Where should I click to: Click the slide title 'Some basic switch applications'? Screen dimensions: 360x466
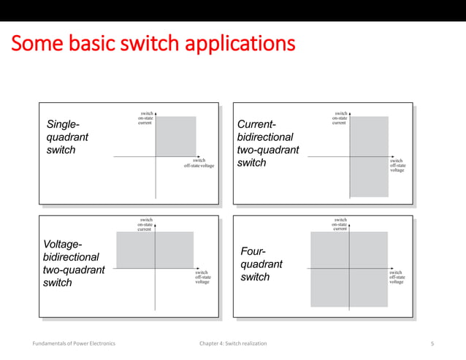pyautogui.click(x=153, y=43)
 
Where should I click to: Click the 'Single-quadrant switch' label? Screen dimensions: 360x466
pyautogui.click(x=68, y=137)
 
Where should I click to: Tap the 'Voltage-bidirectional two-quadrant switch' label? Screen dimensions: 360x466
pyautogui.click(x=74, y=263)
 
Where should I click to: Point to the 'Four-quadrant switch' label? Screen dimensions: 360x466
pyautogui.click(x=261, y=264)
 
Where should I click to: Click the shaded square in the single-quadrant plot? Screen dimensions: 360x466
pyautogui.click(x=176, y=137)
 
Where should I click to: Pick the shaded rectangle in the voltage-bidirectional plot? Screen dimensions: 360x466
pyautogui.click(x=155, y=250)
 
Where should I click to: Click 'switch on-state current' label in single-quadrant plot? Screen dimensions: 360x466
pyautogui.click(x=146, y=118)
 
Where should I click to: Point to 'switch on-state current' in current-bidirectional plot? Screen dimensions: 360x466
pyautogui.click(x=340, y=118)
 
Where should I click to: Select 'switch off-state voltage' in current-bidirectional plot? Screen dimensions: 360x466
pyautogui.click(x=397, y=166)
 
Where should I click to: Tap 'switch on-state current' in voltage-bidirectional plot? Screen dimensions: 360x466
pyautogui.click(x=146, y=223)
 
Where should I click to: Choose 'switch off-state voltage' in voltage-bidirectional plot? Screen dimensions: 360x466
pyautogui.click(x=203, y=277)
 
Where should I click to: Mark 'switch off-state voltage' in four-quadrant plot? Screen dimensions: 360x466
pyautogui.click(x=396, y=277)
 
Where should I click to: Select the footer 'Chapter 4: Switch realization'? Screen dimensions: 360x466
pyautogui.click(x=232, y=342)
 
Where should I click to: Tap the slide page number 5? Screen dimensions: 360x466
pyautogui.click(x=432, y=342)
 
